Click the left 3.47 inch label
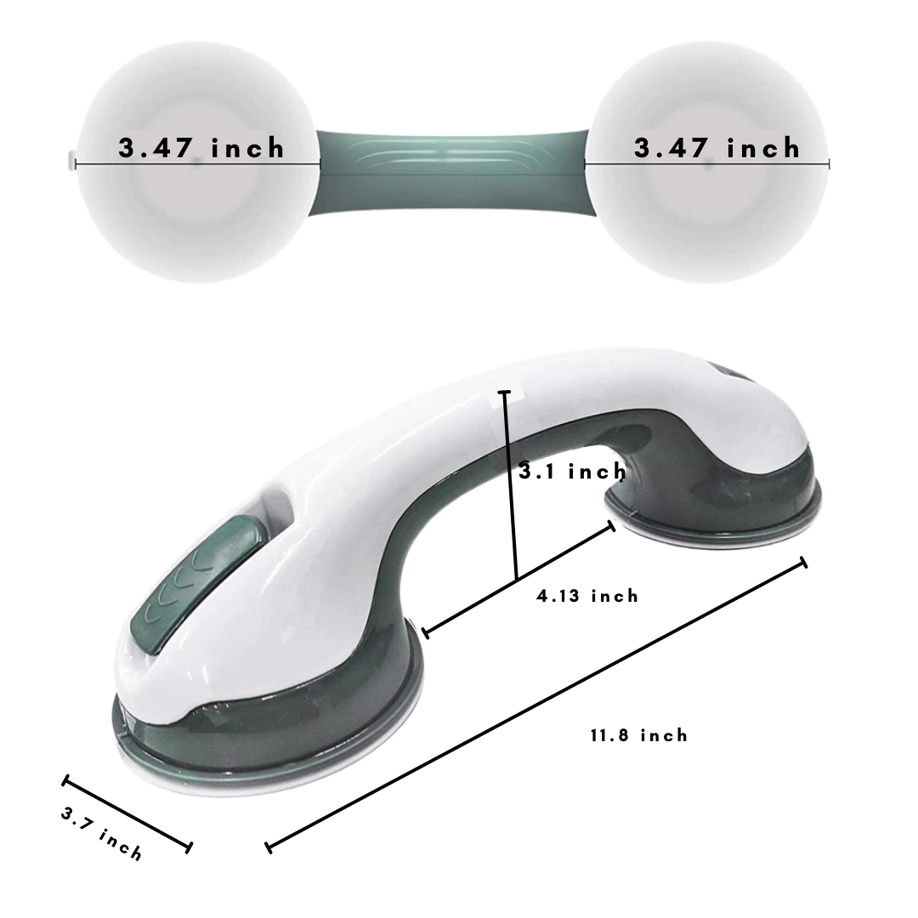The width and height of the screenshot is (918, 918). tap(201, 148)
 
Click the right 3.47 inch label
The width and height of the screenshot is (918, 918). tap(717, 148)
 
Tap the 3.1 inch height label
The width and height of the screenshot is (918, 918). tap(573, 471)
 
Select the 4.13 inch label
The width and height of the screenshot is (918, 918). tap(587, 596)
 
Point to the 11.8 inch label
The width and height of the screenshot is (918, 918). tap(638, 734)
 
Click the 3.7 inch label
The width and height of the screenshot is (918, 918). tap(101, 834)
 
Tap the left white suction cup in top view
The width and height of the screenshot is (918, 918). tap(198, 162)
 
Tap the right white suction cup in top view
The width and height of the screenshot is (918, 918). tap(706, 162)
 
